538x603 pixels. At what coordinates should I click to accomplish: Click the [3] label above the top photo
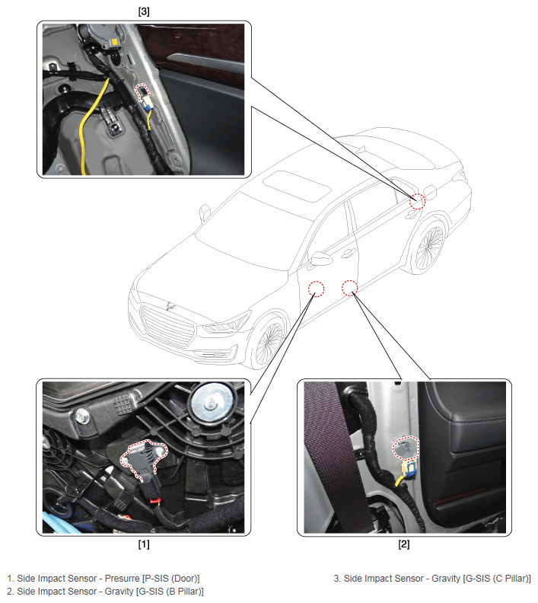tap(144, 11)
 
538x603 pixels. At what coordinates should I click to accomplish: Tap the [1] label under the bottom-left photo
tap(144, 544)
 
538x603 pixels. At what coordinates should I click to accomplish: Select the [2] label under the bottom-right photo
tap(404, 544)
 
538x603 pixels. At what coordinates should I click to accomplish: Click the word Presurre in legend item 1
tap(122, 579)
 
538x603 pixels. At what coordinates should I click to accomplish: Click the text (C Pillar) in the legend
tap(511, 579)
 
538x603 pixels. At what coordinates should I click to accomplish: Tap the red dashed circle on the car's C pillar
tap(417, 201)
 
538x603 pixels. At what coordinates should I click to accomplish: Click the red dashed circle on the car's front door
tap(317, 289)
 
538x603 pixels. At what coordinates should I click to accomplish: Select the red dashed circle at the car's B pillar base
tap(350, 288)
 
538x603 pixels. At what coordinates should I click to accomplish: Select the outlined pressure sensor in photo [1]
tap(143, 458)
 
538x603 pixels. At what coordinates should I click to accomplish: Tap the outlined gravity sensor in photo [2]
tap(406, 448)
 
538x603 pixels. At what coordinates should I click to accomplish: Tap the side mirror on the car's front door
tap(321, 258)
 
